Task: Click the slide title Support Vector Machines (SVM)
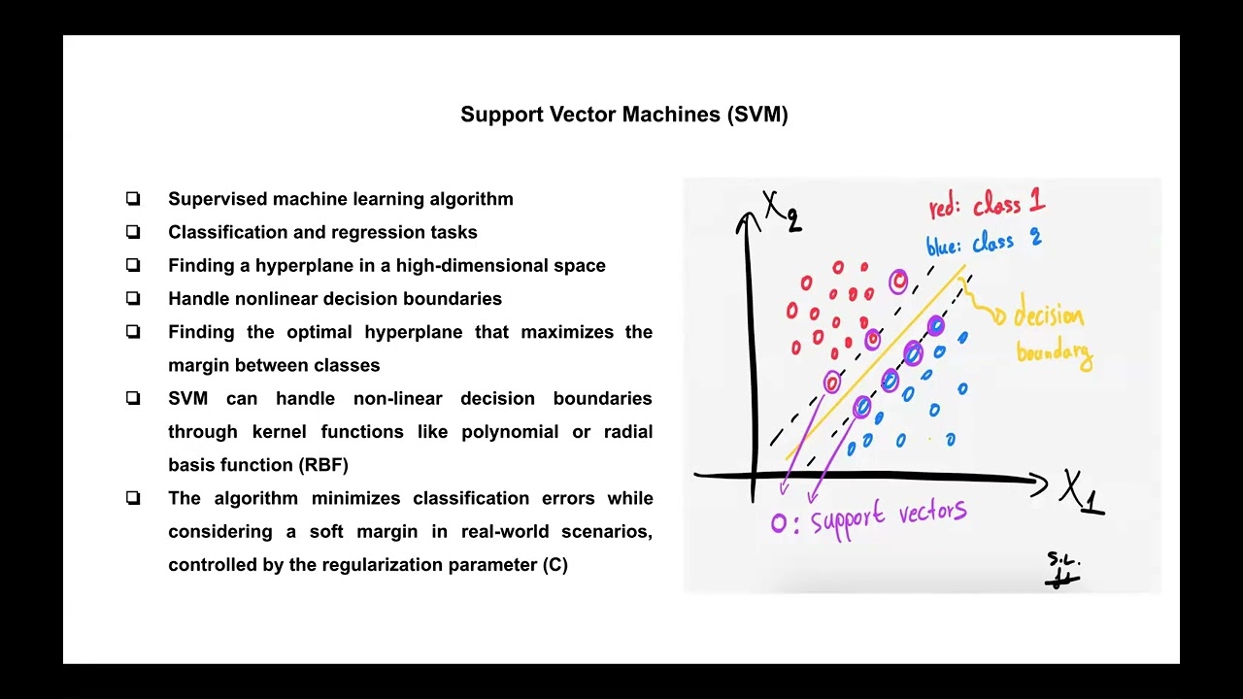(x=624, y=115)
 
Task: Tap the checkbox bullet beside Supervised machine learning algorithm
(x=133, y=199)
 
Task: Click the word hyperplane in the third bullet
(x=305, y=266)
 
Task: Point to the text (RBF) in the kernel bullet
(x=323, y=465)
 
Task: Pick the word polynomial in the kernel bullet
(x=510, y=432)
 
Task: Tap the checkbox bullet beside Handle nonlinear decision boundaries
(x=133, y=298)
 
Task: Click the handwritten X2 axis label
(x=783, y=211)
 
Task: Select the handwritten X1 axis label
(x=1082, y=492)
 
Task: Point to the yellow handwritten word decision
(x=1048, y=316)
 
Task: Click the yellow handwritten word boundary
(x=1055, y=354)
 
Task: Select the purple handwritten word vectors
(x=933, y=512)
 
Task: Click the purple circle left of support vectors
(x=779, y=523)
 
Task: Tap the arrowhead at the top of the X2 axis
(x=748, y=220)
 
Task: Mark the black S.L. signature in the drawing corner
(x=1062, y=570)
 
